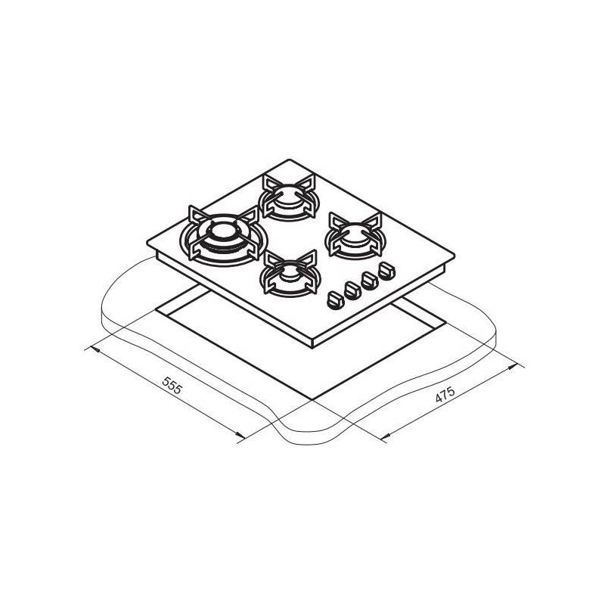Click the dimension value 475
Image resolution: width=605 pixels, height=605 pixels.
click(445, 394)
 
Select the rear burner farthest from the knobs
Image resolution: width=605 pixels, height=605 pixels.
click(289, 197)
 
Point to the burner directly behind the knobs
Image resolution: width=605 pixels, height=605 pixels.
click(355, 235)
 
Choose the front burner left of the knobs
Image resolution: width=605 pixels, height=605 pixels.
click(290, 273)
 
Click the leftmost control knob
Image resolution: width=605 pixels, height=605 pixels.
click(334, 299)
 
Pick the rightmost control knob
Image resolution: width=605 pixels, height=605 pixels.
click(386, 271)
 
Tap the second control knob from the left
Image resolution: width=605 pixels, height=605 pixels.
click(352, 290)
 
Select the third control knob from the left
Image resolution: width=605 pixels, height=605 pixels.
click(370, 281)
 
